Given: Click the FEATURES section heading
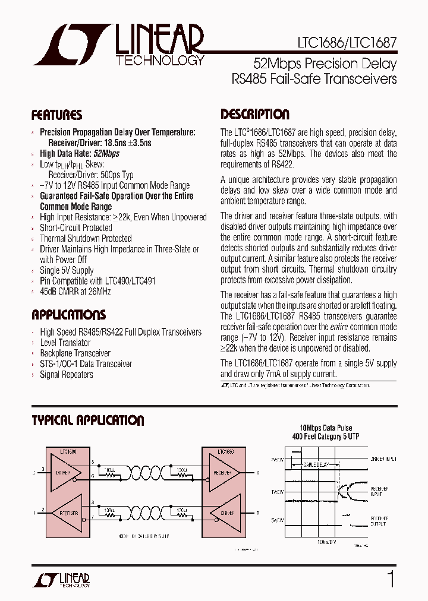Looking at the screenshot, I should (56, 115).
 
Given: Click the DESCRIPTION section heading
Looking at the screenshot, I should (255, 115).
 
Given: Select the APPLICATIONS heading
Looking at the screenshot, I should (68, 315).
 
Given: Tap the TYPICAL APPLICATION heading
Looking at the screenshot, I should (87, 421).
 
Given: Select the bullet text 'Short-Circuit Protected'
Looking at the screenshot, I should (75, 227).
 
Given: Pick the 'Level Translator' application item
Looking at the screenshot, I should (65, 343).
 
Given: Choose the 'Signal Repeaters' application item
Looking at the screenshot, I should (66, 375).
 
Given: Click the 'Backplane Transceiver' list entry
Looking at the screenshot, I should (75, 353).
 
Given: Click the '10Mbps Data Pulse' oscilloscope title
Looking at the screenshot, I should (326, 428).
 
